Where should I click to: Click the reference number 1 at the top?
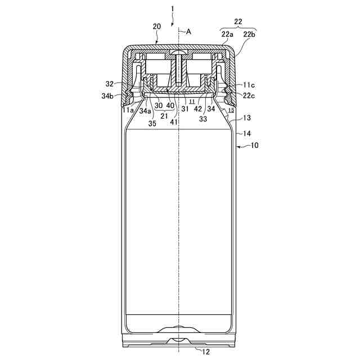coord(173,9)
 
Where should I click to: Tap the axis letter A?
coord(188,32)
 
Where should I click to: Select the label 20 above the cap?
coord(156,27)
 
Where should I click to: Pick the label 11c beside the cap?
coord(249,84)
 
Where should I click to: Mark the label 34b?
coord(109,96)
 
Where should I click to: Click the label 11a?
coord(128,110)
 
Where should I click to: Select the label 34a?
coord(145,110)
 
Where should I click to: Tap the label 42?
coord(199,109)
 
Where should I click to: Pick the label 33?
coord(203,119)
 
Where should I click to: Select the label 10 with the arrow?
coord(254,145)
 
